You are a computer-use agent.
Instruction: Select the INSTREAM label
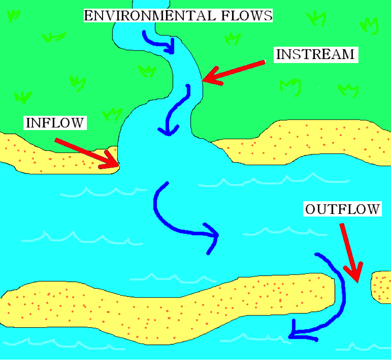315,55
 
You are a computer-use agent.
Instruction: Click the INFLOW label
54,123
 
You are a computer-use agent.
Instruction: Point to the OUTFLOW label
342,210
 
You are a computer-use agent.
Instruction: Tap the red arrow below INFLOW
87,153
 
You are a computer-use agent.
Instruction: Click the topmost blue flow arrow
159,42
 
